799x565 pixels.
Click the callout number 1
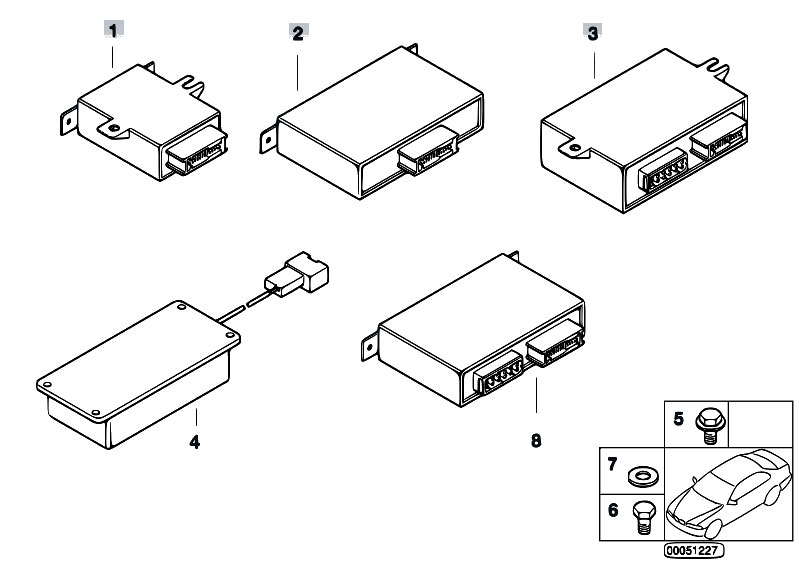click(x=114, y=31)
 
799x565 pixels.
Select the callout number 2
click(x=297, y=32)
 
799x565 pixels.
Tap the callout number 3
click(x=593, y=32)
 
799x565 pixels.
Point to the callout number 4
click(x=195, y=441)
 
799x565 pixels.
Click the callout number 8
click(x=536, y=440)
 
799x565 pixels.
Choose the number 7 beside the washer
click(x=612, y=465)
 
